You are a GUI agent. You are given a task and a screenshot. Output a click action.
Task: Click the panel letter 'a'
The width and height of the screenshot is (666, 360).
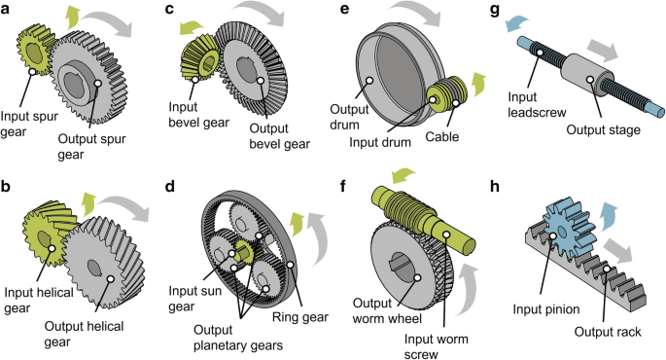pyautogui.click(x=5, y=9)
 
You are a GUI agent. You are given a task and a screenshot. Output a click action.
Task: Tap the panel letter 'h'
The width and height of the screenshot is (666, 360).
pyautogui.click(x=495, y=187)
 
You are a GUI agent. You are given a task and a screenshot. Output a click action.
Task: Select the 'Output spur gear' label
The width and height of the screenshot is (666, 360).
pyautogui.click(x=91, y=146)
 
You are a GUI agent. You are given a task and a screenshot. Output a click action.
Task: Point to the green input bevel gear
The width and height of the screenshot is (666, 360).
pyautogui.click(x=199, y=58)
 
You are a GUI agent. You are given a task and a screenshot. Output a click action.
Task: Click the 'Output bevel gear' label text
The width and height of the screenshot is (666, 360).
pyautogui.click(x=279, y=136)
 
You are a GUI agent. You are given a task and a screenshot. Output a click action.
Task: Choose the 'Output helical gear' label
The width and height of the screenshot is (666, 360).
pyautogui.click(x=84, y=334)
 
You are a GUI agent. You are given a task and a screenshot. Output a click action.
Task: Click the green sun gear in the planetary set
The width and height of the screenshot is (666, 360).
pyautogui.click(x=244, y=250)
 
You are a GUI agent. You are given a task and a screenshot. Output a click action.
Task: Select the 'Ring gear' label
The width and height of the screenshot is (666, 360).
pyautogui.click(x=299, y=317)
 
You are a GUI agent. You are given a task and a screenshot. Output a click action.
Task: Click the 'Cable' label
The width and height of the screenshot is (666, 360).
pyautogui.click(x=442, y=137)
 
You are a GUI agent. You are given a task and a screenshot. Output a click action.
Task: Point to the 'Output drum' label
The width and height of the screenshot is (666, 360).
pyautogui.click(x=349, y=117)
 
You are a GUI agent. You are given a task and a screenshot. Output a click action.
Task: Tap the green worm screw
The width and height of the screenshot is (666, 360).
pyautogui.click(x=421, y=221)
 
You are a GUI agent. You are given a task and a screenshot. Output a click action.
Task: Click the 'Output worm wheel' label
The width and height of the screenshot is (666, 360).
pyautogui.click(x=387, y=310)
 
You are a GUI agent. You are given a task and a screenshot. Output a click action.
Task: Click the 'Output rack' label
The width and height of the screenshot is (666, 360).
pyautogui.click(x=608, y=332)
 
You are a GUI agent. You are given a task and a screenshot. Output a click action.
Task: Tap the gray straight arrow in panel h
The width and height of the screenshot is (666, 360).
pyautogui.click(x=618, y=250)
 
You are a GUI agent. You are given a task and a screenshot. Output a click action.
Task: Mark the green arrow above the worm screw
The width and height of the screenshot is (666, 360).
pyautogui.click(x=403, y=175)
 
